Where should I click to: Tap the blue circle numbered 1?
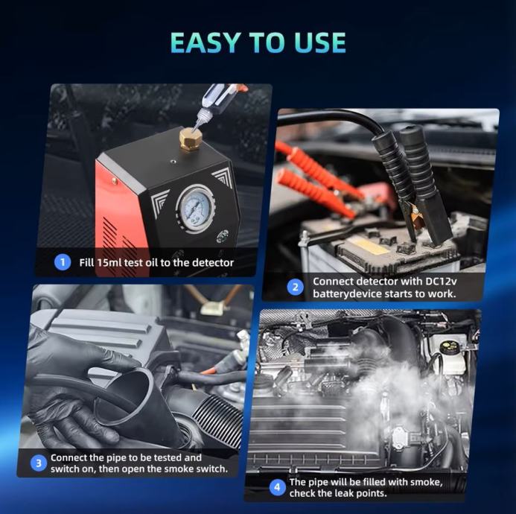(63, 262)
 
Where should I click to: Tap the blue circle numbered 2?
(295, 287)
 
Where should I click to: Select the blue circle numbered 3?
(39, 463)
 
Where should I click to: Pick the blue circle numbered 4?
(278, 487)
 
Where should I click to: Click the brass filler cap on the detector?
(191, 139)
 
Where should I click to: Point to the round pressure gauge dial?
(196, 209)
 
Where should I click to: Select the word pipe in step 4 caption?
(319, 483)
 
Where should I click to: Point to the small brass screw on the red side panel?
(114, 180)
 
